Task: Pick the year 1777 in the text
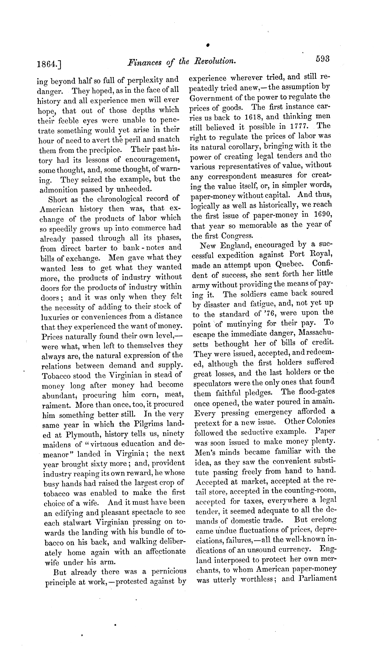point(296,126)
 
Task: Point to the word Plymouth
point(77,434)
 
